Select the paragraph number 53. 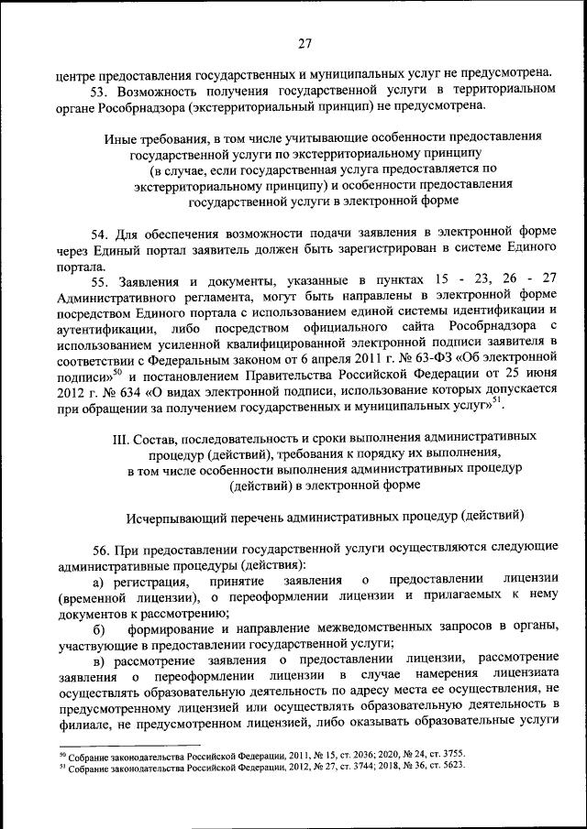(x=98, y=89)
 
